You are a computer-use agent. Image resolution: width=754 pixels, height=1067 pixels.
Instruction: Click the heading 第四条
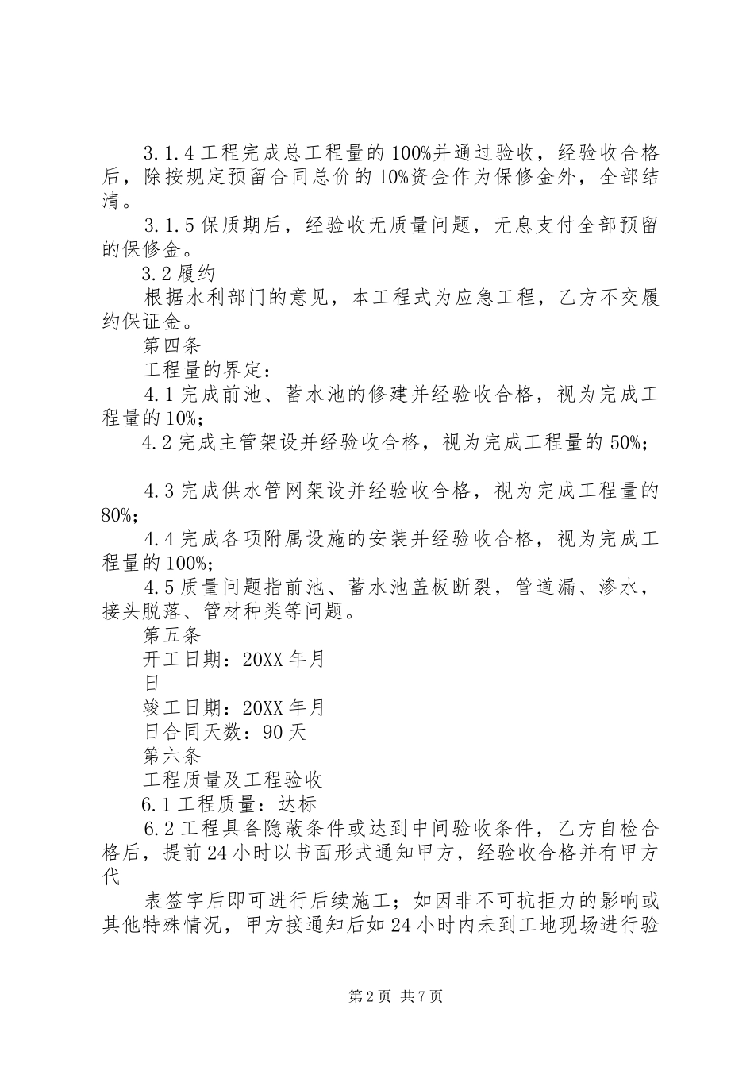pos(171,346)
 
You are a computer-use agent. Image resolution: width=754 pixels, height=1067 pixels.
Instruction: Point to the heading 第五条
pos(171,635)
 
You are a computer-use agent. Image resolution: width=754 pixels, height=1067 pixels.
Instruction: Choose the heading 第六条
pos(171,755)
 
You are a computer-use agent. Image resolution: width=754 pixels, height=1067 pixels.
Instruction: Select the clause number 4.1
pos(159,395)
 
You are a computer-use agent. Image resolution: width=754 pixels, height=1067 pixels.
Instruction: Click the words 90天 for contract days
pos(283,731)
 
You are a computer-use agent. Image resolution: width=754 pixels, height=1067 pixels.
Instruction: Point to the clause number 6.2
pos(159,828)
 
